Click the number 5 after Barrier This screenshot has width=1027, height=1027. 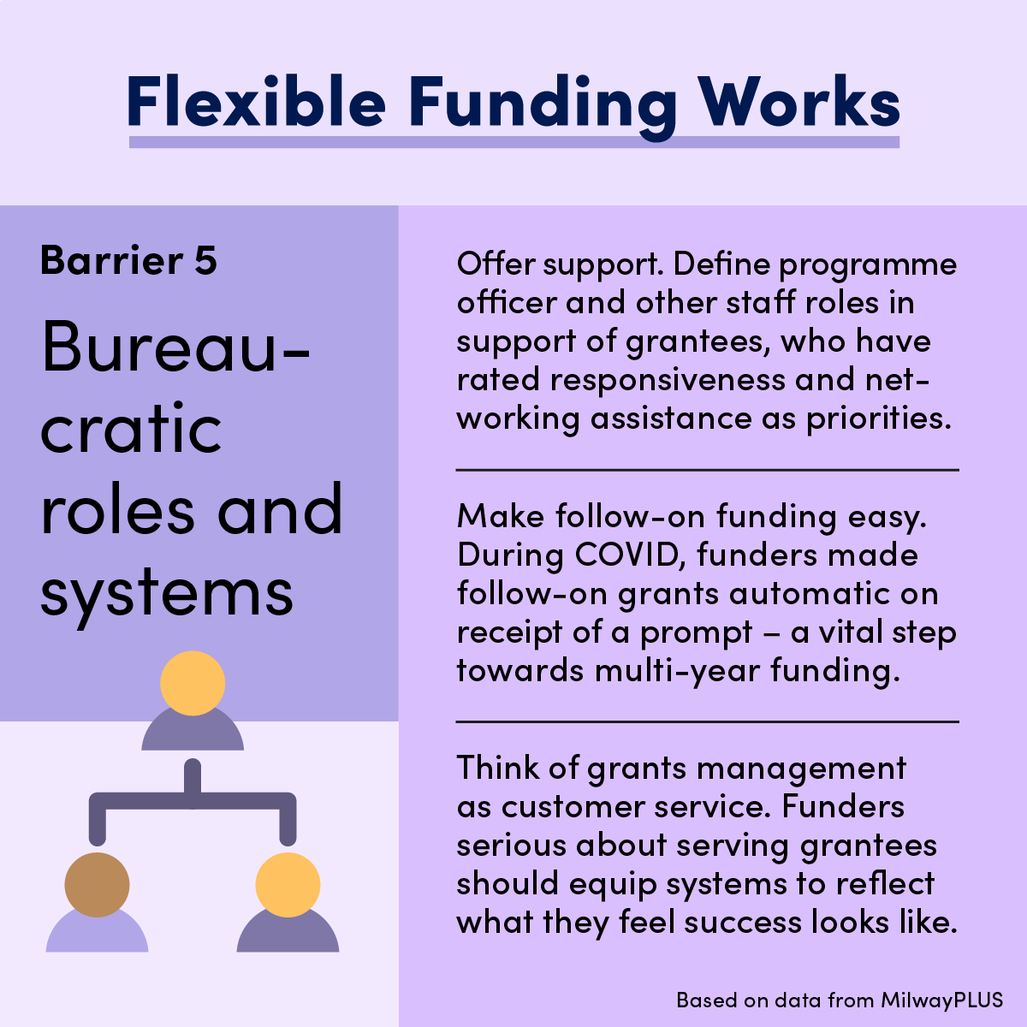click(205, 260)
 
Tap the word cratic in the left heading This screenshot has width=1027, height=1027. click(132, 429)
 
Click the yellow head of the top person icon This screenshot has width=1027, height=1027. click(193, 683)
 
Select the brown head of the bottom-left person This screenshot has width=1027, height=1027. click(98, 884)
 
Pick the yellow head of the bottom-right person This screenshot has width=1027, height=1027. click(288, 884)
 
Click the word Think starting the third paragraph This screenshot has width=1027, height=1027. click(497, 768)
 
